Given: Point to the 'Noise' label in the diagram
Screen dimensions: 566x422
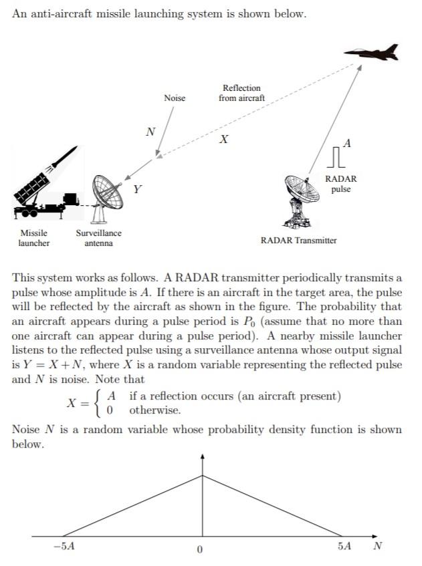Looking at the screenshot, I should (x=175, y=98).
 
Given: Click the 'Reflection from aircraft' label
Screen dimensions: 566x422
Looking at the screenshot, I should (x=241, y=93).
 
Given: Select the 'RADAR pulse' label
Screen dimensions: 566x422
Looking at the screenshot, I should (x=340, y=184).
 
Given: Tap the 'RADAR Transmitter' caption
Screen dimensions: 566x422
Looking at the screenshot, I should (x=298, y=240).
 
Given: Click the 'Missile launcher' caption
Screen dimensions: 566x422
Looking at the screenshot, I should (x=33, y=238).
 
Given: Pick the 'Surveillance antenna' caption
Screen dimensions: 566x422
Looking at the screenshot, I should (x=98, y=238).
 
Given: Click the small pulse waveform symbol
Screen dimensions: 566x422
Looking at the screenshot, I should (x=337, y=158).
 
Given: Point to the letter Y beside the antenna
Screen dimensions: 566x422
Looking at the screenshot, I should (x=137, y=189).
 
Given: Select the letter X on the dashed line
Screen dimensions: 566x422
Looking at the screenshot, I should (x=224, y=140).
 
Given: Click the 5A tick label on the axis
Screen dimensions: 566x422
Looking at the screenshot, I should (x=344, y=547).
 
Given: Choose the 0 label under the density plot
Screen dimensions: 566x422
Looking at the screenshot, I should (x=199, y=549).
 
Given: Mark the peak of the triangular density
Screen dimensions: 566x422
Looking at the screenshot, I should (x=203, y=476).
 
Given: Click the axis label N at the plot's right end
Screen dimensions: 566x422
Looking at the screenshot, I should (x=377, y=546).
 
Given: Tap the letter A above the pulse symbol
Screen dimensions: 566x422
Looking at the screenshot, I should (x=347, y=142).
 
